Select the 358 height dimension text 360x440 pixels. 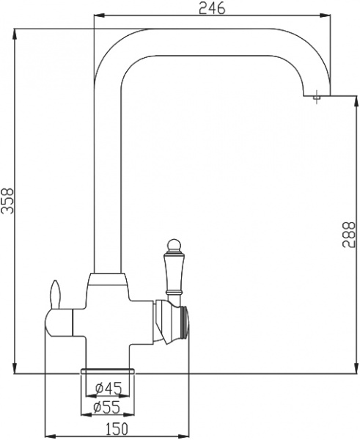click(7, 199)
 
